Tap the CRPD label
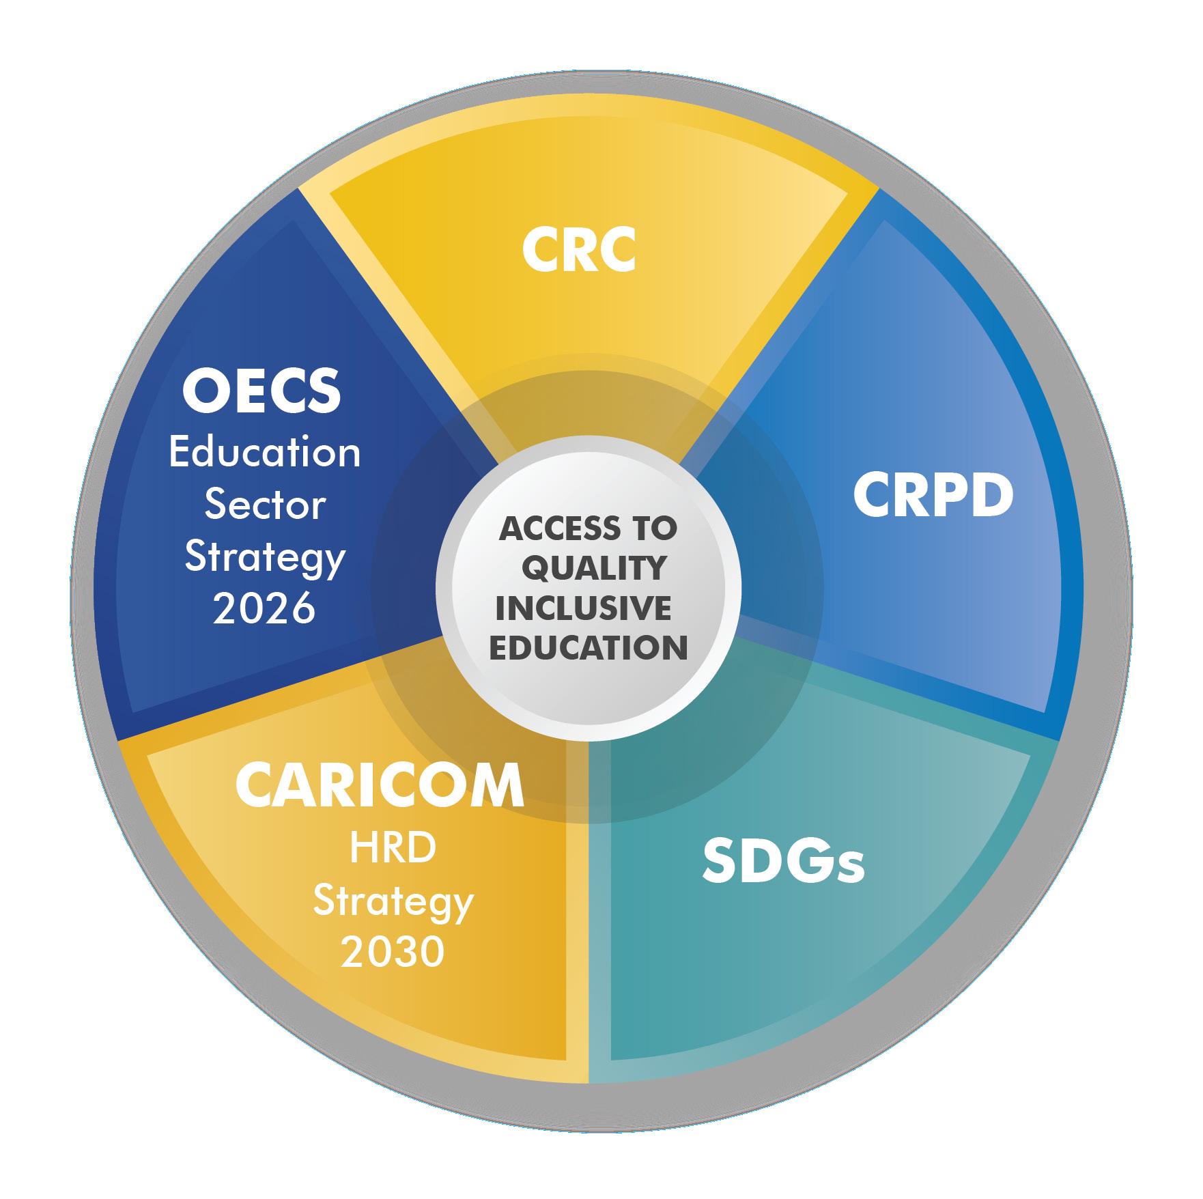933,496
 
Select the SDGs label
783,862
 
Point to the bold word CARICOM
380,786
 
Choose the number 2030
393,953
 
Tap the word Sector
265,505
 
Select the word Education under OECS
265,453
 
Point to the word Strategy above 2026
265,559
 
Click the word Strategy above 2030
393,903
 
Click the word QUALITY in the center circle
597,568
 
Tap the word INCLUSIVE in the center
584,608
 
